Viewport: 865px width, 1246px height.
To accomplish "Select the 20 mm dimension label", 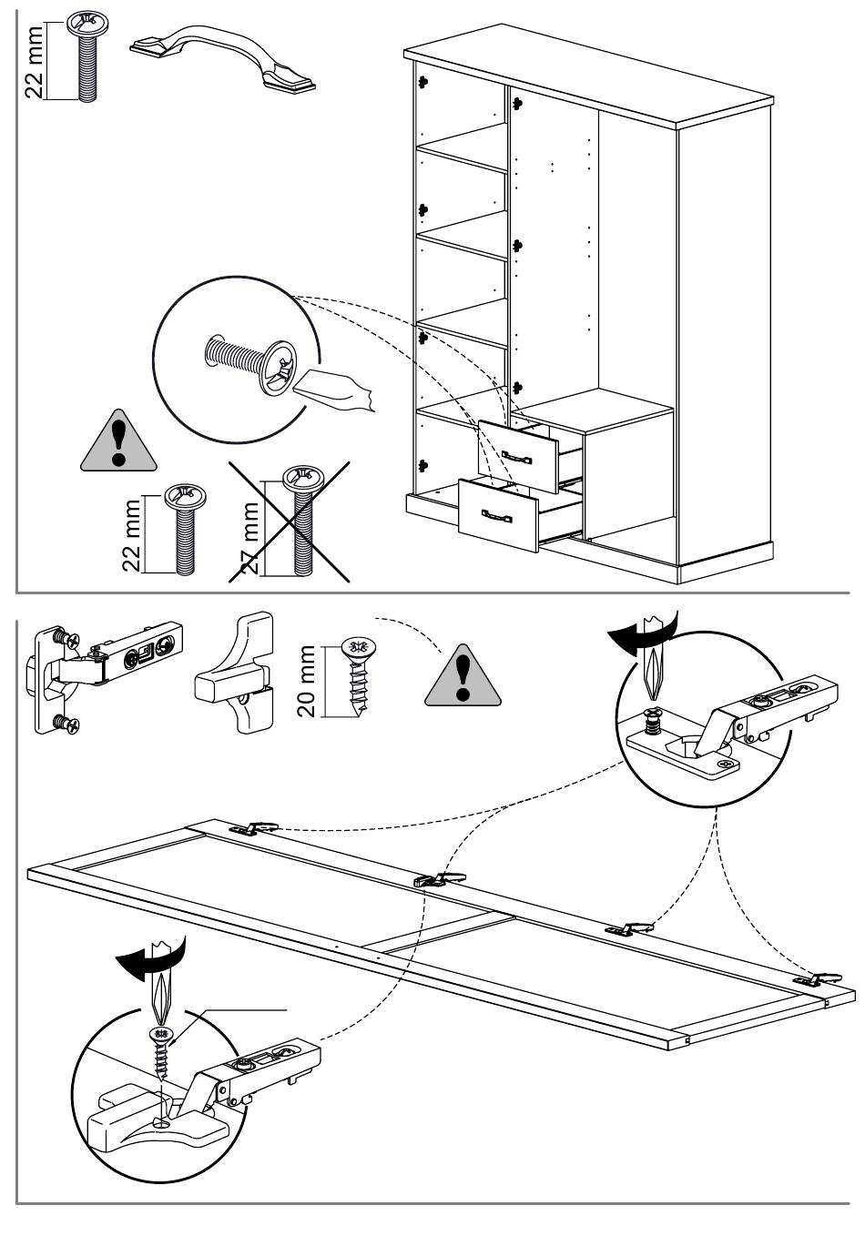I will [308, 681].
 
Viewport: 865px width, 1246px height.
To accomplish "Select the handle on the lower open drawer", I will [497, 517].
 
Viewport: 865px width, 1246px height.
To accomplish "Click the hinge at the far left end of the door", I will [255, 827].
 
